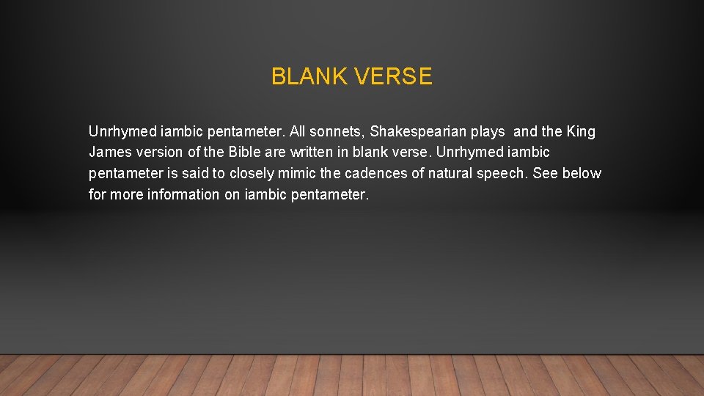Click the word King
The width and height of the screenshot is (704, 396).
pyautogui.click(x=581, y=132)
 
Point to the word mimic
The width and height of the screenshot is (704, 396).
pyautogui.click(x=301, y=174)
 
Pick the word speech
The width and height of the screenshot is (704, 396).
pyautogui.click(x=504, y=174)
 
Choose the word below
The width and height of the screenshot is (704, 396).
pyautogui.click(x=582, y=174)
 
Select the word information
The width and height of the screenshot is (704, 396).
pyautogui.click(x=184, y=195)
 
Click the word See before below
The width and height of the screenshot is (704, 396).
pyautogui.click(x=546, y=174)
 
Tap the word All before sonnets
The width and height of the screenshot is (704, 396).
pyautogui.click(x=298, y=132)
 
